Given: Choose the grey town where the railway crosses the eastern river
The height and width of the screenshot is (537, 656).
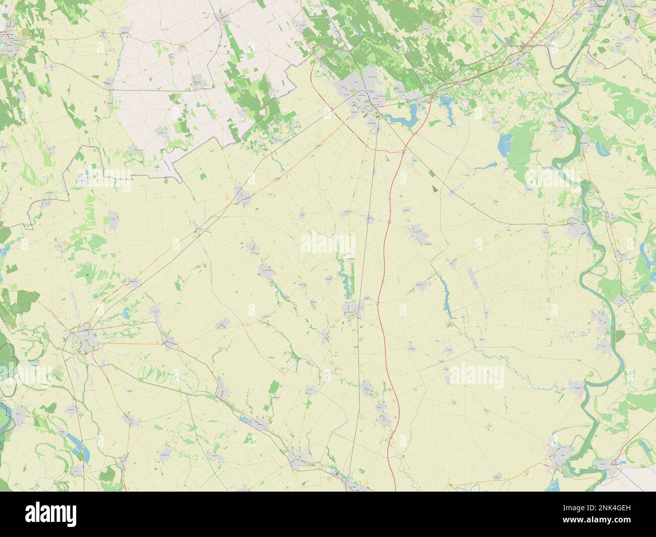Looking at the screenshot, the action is [577, 228].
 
